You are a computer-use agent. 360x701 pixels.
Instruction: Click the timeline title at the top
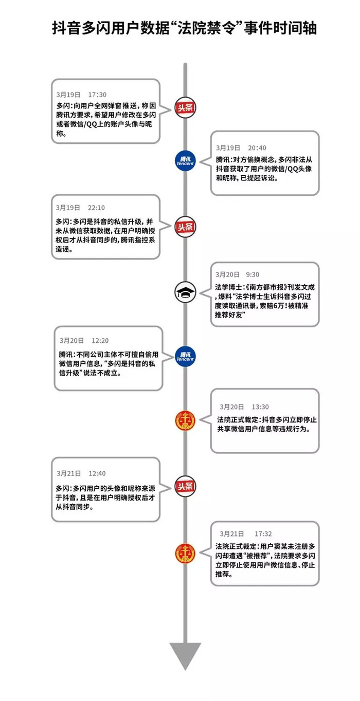point(184,28)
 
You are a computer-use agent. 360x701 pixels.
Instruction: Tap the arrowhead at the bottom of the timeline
point(185,656)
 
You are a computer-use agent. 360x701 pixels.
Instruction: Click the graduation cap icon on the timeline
point(185,292)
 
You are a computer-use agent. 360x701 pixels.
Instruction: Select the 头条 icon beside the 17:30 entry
point(185,107)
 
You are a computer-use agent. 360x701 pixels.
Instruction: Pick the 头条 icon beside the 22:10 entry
point(185,227)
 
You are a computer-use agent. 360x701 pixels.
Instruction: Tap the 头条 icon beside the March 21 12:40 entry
point(185,486)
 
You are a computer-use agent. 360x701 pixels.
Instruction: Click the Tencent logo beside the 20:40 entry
point(185,161)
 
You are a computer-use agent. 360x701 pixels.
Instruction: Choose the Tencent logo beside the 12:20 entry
point(185,357)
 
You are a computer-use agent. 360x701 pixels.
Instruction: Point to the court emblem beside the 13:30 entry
point(185,420)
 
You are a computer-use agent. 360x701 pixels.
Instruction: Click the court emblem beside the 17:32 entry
point(185,553)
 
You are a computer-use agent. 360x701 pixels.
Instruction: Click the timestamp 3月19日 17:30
point(81,95)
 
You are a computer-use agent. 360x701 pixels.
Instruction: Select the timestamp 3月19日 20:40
point(241,147)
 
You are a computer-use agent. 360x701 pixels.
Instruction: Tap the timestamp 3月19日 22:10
point(80,208)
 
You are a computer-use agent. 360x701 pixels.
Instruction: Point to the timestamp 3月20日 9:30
point(237,274)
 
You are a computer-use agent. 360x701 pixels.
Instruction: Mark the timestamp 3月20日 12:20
point(84,341)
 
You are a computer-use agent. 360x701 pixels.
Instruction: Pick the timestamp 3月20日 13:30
point(244,407)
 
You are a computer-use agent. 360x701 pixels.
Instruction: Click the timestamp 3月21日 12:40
point(81,473)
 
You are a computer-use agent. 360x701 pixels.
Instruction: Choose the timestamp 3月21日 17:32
point(245,533)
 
